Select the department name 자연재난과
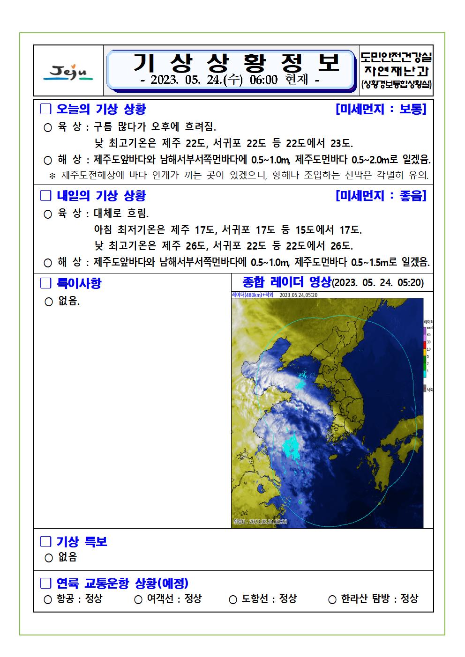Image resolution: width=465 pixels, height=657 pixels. (396, 71)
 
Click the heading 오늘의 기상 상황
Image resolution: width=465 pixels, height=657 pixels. (101, 109)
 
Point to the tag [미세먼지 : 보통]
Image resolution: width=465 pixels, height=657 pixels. (381, 109)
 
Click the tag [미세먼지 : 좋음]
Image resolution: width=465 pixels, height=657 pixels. (381, 196)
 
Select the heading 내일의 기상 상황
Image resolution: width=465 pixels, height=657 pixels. (101, 196)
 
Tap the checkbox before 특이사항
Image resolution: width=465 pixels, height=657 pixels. (45, 283)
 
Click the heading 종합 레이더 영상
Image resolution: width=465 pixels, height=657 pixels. (286, 282)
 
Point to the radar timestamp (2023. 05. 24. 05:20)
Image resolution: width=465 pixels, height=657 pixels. (378, 283)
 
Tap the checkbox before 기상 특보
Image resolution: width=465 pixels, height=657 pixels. (45, 542)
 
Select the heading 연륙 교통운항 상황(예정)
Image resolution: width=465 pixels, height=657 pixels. (122, 583)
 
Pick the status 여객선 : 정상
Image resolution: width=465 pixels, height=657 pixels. (168, 598)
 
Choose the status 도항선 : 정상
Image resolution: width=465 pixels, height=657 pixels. (263, 598)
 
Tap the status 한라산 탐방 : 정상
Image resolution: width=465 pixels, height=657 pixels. (373, 598)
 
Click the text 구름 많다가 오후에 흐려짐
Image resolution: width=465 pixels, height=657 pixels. (155, 126)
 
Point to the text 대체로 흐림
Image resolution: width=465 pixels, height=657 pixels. (121, 214)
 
